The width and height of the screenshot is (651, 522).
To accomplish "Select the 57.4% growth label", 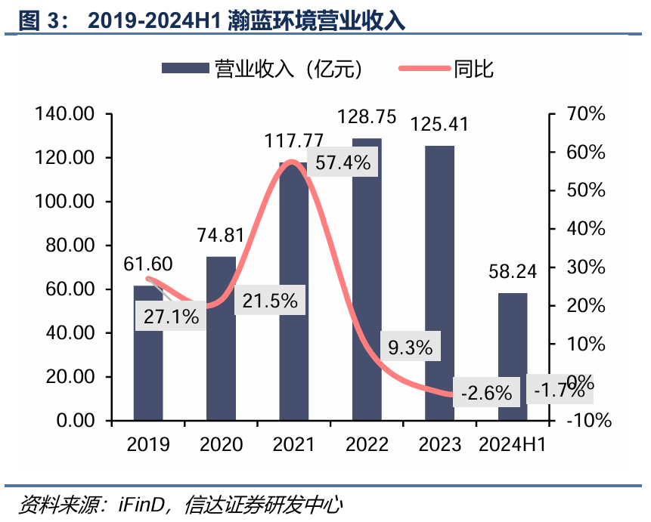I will coord(343,162).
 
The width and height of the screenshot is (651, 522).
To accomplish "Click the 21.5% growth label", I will coord(270,301).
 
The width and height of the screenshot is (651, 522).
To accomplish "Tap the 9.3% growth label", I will coord(410,347).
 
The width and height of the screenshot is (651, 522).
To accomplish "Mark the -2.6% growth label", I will coord(485,393).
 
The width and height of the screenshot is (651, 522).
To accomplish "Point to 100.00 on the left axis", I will coord(64,202).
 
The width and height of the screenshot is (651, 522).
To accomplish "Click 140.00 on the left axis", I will coord(64,114).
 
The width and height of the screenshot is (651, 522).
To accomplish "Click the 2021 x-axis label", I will coord(294,443).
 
